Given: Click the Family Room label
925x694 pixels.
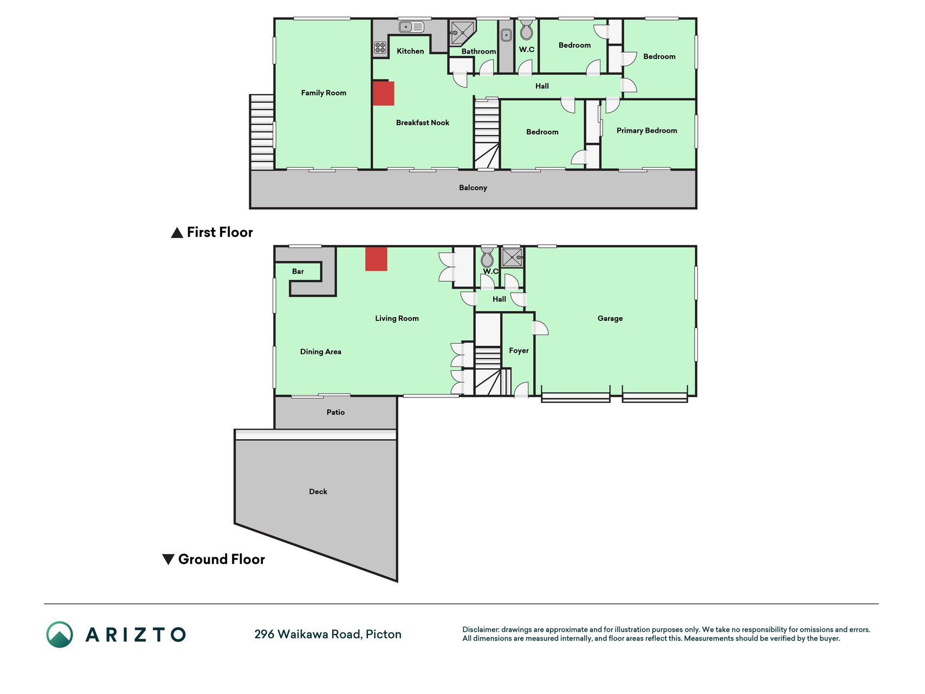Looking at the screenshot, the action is [324, 93].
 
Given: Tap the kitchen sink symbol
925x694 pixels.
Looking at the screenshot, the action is [411, 27].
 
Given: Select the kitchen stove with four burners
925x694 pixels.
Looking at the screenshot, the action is [380, 48].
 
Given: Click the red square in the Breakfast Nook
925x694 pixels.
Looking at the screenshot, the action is [383, 93].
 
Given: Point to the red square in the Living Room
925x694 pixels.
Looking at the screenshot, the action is [376, 259].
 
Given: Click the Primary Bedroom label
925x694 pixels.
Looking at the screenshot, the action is [646, 131].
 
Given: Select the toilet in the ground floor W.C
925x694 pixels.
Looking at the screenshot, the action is [487, 258].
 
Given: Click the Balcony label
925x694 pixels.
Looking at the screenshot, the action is [473, 188].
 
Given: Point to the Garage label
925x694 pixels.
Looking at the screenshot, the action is [610, 318].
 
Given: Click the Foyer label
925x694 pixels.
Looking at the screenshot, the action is [519, 351].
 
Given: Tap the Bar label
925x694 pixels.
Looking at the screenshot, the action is [298, 271].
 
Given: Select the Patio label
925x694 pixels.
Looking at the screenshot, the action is [335, 412].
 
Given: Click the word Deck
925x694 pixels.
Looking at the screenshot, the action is [318, 492].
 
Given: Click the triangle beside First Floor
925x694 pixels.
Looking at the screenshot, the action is [177, 233].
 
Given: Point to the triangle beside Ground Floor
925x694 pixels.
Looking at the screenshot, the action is [169, 559].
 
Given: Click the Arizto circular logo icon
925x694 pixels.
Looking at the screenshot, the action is [60, 634].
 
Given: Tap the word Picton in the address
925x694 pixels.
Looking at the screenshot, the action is [384, 634].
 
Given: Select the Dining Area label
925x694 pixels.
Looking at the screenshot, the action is [321, 352].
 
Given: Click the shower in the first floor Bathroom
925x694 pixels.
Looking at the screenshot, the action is [462, 33].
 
